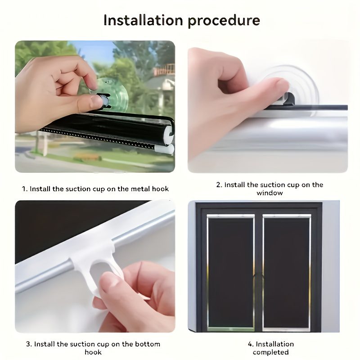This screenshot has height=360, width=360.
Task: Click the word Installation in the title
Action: (x=143, y=20)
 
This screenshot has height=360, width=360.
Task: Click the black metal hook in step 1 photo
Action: (x=104, y=100)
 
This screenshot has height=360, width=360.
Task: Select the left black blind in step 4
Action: (x=230, y=272)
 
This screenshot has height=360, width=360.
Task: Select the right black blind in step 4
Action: (x=287, y=272)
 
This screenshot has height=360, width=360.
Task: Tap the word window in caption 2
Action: (x=270, y=193)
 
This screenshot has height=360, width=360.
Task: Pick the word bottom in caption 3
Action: (x=148, y=344)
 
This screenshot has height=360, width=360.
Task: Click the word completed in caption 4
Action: (x=271, y=352)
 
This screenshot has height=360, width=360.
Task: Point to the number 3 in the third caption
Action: (x=28, y=344)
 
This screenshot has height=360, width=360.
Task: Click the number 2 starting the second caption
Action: (x=219, y=185)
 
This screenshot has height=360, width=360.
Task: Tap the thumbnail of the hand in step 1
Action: (x=96, y=102)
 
